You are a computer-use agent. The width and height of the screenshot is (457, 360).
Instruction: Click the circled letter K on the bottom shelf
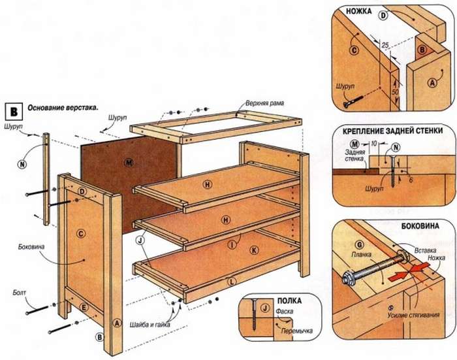[254, 250]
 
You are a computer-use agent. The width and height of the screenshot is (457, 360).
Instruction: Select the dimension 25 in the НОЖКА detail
[386, 44]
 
